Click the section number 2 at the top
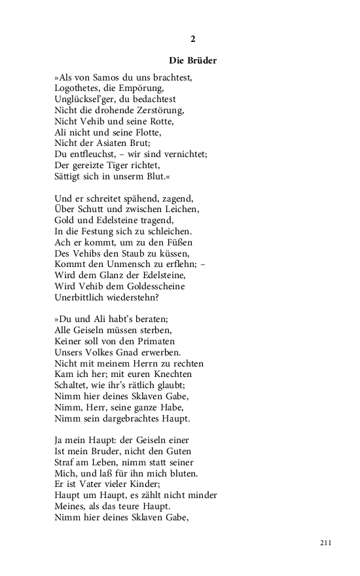pos(193,39)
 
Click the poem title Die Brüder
pos(192,61)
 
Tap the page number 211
pos(327,543)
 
